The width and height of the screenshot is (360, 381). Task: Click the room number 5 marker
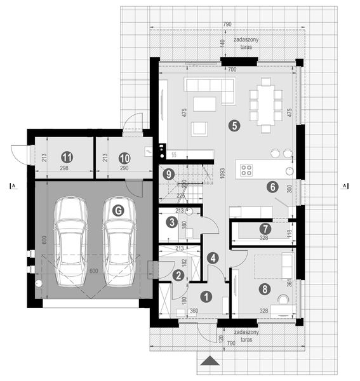coord(235,126)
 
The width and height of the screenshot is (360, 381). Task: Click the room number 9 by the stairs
coord(168,173)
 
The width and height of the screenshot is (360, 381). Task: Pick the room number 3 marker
coord(171,222)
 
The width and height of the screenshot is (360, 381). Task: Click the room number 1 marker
coord(206,295)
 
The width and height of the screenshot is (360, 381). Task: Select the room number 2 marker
coord(178,274)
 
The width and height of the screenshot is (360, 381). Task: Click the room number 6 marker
coord(272,187)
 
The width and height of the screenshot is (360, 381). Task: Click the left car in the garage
coord(70,241)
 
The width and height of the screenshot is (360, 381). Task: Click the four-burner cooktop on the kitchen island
coord(246,170)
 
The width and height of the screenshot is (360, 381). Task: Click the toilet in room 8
coord(284,298)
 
